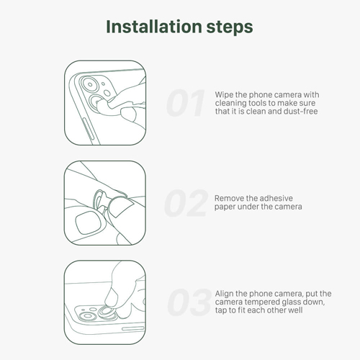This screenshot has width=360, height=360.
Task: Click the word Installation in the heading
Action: pos(154,27)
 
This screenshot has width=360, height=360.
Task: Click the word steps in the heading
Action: pos(230,28)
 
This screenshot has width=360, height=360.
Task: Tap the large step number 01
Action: pos(186,103)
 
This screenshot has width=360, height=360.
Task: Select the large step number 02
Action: pos(186,203)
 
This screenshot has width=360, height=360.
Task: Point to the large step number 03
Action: pos(189,302)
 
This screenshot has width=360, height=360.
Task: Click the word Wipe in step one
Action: pos(224,94)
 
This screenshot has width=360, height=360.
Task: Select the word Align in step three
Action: pos(224,294)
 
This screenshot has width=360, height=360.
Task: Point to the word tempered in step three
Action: pos(262,302)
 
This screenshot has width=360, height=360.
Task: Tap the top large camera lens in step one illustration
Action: pos(90,84)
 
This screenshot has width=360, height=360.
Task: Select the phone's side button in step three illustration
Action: pos(132,328)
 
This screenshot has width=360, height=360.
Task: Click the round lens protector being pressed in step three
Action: pos(107,312)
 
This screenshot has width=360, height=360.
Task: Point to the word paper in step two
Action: pos(224,207)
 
